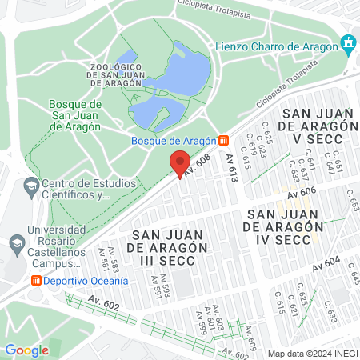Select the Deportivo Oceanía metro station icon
coord(35,281)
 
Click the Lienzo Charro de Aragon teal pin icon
coord(348,43)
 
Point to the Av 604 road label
coord(326,264)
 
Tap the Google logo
coord(26,350)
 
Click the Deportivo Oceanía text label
coord(86,281)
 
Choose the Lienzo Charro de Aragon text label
coord(276,46)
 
